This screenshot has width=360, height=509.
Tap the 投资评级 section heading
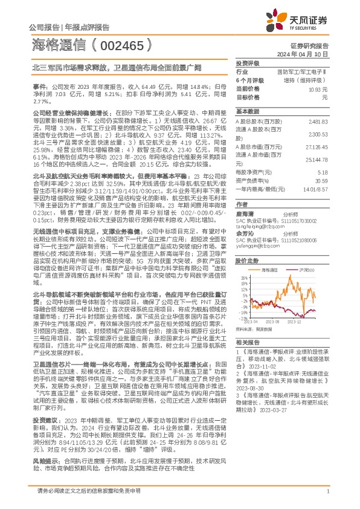[248, 63]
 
